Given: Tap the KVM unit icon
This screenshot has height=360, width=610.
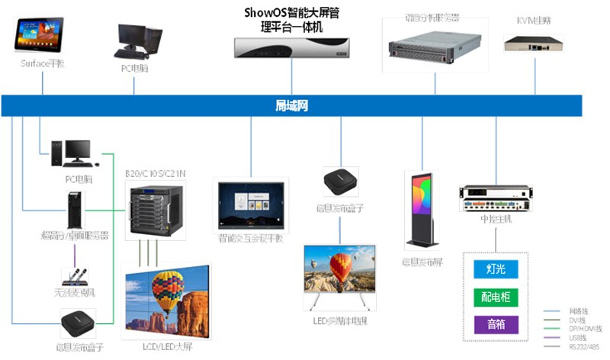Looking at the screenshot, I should click(x=537, y=44).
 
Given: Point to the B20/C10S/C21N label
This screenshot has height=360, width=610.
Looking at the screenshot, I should click(x=156, y=174).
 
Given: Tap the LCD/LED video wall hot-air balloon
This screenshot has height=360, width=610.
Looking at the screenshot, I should click(x=169, y=293).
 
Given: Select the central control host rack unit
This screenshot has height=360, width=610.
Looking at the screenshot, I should click(x=496, y=198).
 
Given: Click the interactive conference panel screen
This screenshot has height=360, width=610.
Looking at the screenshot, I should click(x=251, y=204).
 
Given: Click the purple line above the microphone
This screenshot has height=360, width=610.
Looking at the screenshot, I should click(x=75, y=257).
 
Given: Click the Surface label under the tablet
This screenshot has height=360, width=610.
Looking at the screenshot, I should click(x=43, y=63).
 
